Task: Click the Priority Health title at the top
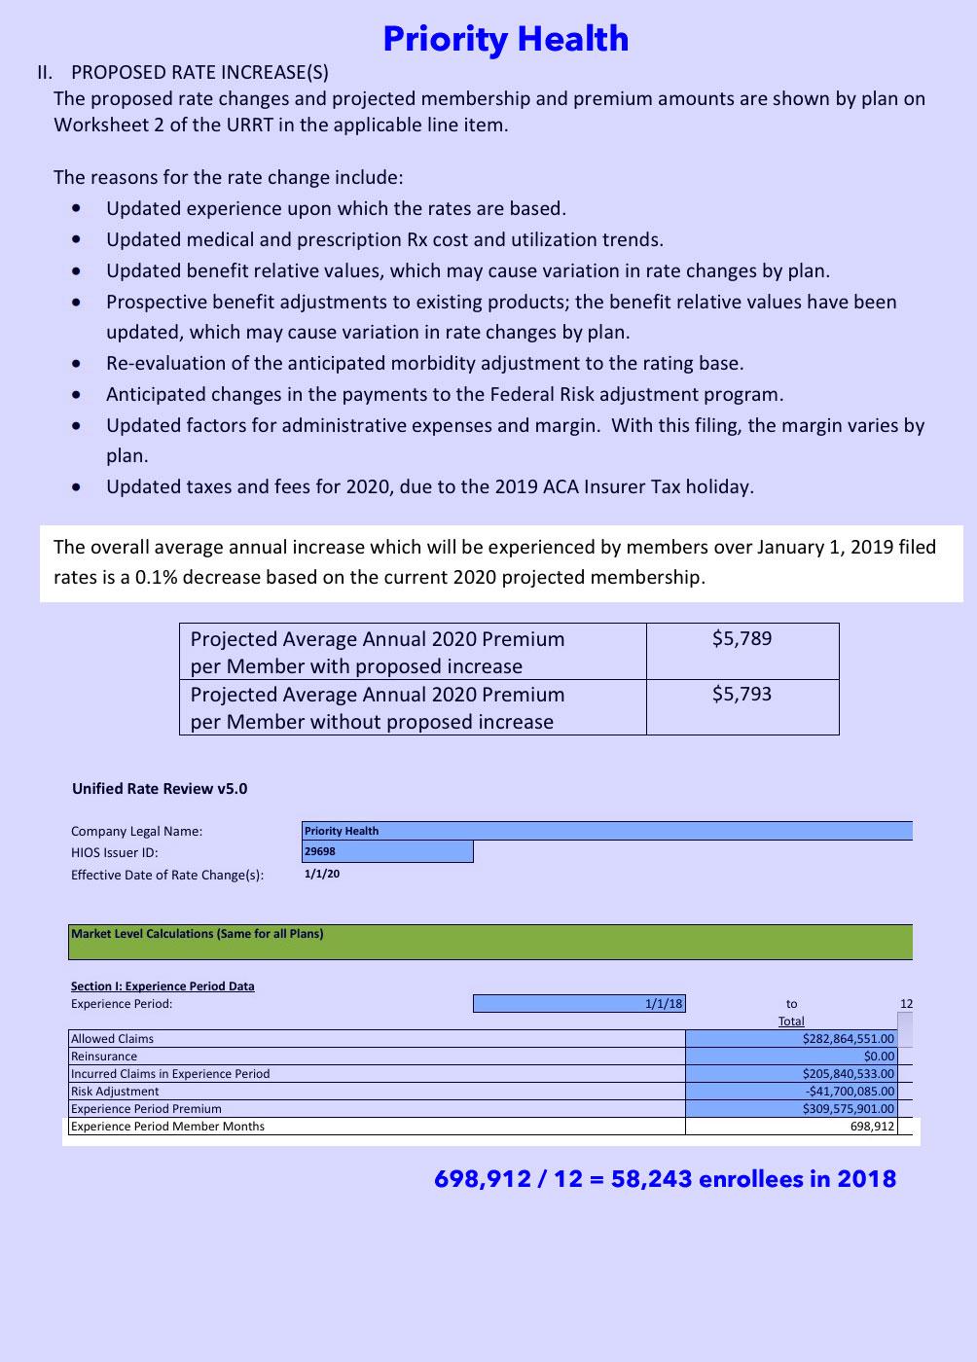click(x=505, y=39)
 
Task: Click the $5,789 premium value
click(x=742, y=639)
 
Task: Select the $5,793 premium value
click(x=742, y=695)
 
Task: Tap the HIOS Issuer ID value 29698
click(x=320, y=851)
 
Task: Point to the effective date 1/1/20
click(x=322, y=874)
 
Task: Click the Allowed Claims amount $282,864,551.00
click(x=848, y=1039)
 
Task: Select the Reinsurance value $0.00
click(x=879, y=1057)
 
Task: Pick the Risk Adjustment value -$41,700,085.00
click(x=850, y=1092)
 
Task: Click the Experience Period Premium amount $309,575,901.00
click(x=848, y=1109)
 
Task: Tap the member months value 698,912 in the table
click(x=872, y=1127)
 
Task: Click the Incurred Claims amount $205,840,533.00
click(x=848, y=1074)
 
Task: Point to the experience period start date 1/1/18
click(x=664, y=1004)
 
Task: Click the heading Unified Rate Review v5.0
click(x=160, y=789)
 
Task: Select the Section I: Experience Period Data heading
click(x=163, y=986)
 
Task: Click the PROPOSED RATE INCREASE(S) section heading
click(x=199, y=72)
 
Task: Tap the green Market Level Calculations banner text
click(x=197, y=934)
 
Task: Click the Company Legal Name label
click(x=136, y=831)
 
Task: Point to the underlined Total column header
click(x=791, y=1021)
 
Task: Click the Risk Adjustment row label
click(x=115, y=1092)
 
